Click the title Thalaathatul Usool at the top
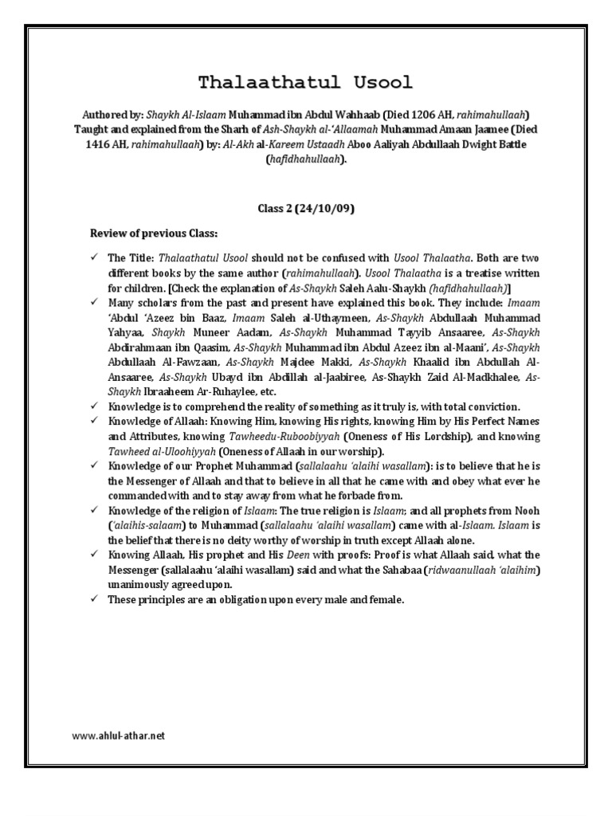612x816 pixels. click(306, 83)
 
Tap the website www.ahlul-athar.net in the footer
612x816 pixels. click(118, 736)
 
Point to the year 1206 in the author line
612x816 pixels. click(432, 113)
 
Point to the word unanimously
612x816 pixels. click(137, 583)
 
